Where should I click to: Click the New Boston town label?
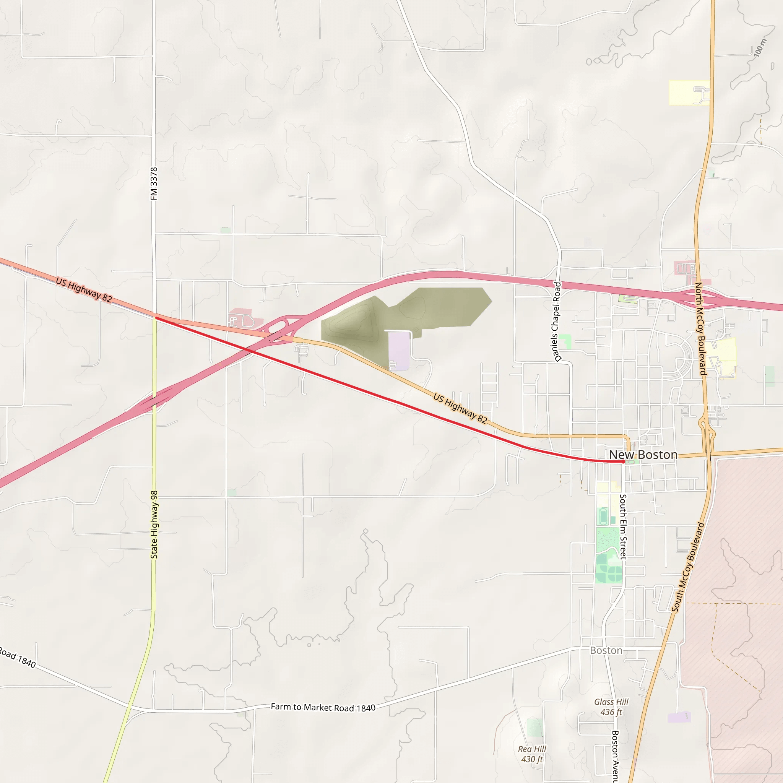coord(643,455)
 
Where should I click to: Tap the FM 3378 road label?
coord(154,184)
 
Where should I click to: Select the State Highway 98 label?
coord(154,525)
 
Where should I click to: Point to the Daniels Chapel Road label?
coord(557,322)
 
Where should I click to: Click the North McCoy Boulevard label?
coord(701,329)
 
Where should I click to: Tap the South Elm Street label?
coord(623,527)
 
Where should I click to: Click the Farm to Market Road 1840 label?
coord(323,708)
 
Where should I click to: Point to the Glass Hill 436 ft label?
coord(611,707)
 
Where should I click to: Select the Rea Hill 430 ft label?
coord(532,754)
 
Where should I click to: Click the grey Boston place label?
coord(606,650)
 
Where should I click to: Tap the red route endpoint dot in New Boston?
coord(623,461)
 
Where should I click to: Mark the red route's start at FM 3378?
coord(155,318)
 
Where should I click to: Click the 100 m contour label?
coord(760,47)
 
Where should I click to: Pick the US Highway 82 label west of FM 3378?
coord(84,290)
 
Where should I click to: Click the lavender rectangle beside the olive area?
coord(399,351)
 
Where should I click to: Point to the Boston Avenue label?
coord(615,756)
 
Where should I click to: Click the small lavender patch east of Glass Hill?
coord(679,717)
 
